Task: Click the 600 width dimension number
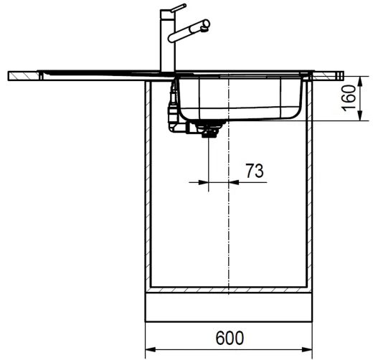coord(230,338)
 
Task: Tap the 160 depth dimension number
coord(349,98)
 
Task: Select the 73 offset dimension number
coord(255,171)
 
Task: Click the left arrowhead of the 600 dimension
coord(151,350)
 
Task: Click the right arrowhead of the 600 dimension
coord(307,350)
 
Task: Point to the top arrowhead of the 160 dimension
coord(360,82)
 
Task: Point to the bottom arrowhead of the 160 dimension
coord(360,115)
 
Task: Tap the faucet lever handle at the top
coord(178,8)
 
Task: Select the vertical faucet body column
coord(168,44)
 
